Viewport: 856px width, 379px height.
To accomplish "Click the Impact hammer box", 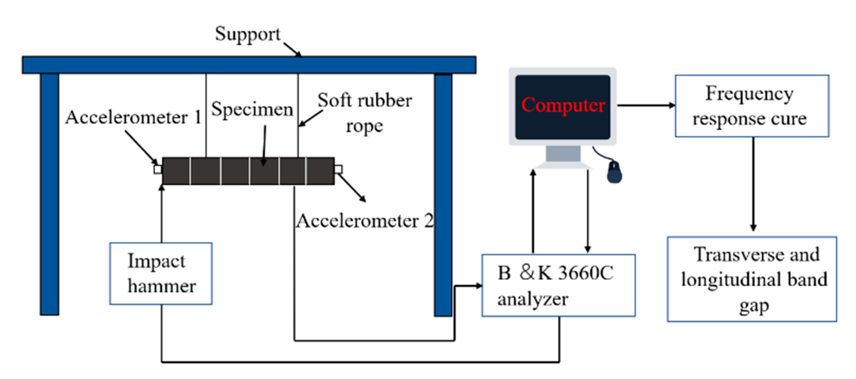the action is click(161, 274).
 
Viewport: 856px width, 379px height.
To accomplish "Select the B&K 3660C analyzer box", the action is click(558, 285).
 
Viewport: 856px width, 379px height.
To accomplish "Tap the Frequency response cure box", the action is click(752, 106).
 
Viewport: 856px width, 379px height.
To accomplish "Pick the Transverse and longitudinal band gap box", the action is click(752, 279).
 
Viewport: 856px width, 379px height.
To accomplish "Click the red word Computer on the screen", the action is click(563, 105).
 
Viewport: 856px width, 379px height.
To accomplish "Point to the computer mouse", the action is click(614, 172).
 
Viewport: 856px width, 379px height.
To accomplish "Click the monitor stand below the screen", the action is click(563, 157).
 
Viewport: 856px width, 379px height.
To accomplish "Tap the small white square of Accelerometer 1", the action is click(158, 169).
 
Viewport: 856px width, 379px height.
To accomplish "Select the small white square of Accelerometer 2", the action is click(338, 169).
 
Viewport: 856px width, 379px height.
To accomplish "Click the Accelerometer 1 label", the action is click(133, 117).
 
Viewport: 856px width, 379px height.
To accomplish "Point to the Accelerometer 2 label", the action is click(364, 221).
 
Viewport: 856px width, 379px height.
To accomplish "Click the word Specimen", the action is click(252, 110).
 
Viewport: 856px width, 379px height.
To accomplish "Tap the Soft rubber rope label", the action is click(364, 113).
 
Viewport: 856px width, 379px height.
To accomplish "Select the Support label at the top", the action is click(248, 34).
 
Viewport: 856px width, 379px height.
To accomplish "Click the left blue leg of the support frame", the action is click(49, 194).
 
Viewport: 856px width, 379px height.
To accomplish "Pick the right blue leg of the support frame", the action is click(443, 195).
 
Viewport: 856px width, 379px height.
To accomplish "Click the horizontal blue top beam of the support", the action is click(249, 65).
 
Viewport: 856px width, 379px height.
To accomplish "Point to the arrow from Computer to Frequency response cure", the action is click(646, 105).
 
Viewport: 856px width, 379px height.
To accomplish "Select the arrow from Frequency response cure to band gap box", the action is click(753, 184).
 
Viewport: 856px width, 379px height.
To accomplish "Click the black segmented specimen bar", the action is click(248, 171).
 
